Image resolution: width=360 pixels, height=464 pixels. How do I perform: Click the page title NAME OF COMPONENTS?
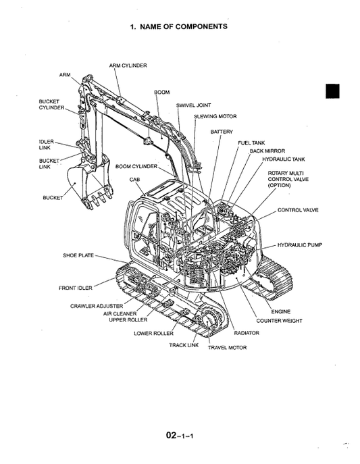coord(178,26)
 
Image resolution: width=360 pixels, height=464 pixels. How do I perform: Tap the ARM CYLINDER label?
coord(128,66)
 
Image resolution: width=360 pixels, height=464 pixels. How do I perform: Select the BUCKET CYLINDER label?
coord(51,104)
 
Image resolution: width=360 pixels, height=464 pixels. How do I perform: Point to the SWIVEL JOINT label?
coord(193,105)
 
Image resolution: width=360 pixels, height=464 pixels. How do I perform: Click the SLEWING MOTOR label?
coord(215,116)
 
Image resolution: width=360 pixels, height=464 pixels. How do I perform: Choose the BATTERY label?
coord(221,131)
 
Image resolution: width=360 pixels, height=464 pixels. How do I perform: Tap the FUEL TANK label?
coord(251,143)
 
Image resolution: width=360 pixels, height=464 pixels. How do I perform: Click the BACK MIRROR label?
coord(267,151)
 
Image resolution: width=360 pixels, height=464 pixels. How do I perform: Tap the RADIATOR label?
coord(246,333)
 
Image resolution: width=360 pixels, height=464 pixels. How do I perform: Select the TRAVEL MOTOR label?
coord(227,347)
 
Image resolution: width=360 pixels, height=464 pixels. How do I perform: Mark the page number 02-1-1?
coord(180,436)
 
